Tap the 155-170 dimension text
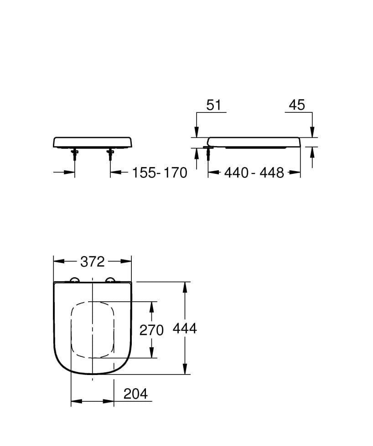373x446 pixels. (x=160, y=173)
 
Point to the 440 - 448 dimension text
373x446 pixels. (x=254, y=173)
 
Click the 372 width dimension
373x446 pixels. (x=93, y=262)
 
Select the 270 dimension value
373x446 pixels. (x=151, y=330)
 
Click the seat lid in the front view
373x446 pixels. (x=93, y=142)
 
